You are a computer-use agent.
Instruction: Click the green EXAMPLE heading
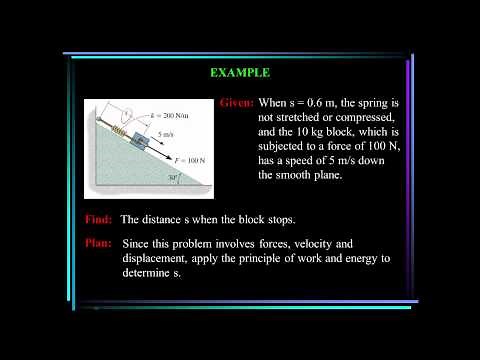(239, 73)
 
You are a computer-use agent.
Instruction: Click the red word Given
(235, 103)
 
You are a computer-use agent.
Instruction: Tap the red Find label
(99, 219)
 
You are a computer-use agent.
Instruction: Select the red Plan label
(99, 244)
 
